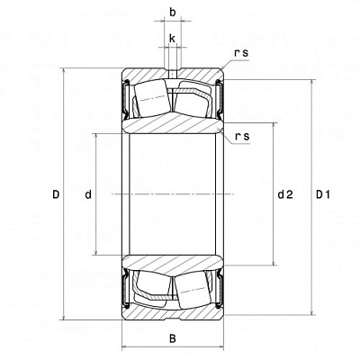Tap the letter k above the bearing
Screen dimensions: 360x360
pos(172,39)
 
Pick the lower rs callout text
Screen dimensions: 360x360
pos(241,137)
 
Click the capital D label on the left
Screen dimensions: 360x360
pos(56,193)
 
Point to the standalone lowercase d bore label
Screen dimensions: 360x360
pos(87,193)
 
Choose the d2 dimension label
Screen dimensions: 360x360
pos(285,193)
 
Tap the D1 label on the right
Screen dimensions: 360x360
pos(325,193)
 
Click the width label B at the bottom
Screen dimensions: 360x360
pos(172,338)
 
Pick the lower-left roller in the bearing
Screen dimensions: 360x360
pos(150,290)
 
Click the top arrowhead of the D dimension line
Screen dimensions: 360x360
pos(66,73)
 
